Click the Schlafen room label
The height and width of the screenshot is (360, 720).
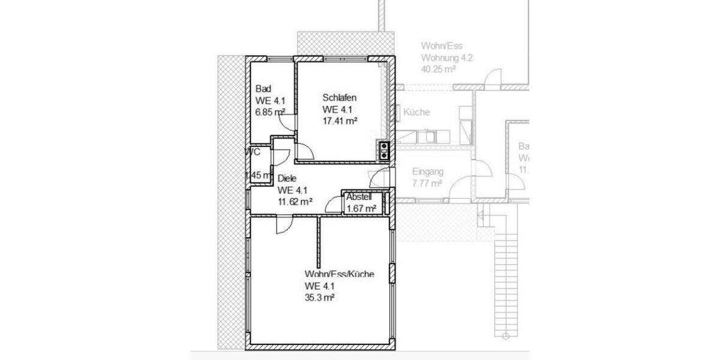340,98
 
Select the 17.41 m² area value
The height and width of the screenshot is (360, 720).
340,121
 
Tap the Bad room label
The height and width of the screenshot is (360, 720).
263,89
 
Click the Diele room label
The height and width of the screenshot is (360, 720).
287,179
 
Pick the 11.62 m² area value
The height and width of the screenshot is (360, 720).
294,202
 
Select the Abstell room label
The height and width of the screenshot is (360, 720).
359,197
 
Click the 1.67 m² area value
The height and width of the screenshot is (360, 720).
361,208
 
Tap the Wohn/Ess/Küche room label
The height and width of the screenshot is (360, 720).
339,274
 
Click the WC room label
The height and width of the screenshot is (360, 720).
253,152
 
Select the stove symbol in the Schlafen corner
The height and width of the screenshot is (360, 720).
383,150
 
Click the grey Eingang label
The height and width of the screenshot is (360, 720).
427,171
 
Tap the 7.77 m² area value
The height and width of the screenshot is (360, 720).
427,183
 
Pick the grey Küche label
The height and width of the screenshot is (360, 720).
416,112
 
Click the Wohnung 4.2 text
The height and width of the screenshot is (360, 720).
446,58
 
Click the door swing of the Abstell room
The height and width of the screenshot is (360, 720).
332,205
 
